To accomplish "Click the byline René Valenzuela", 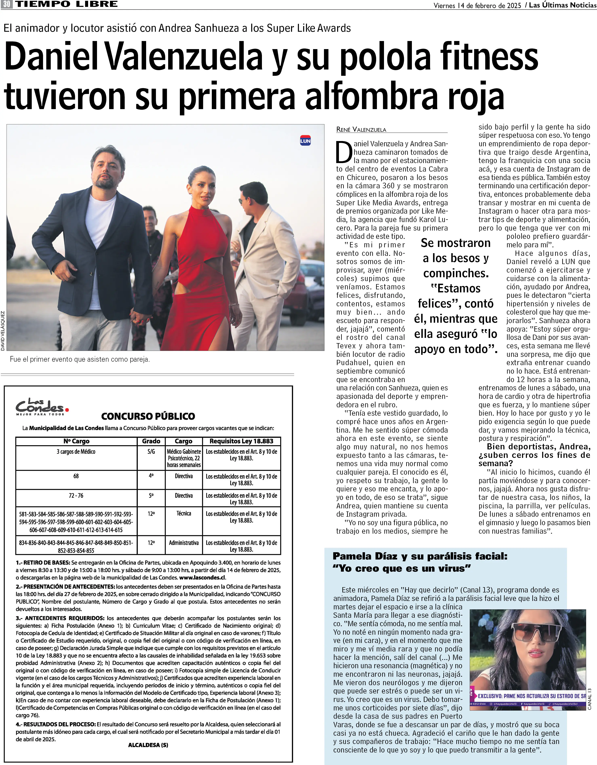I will click(361, 130).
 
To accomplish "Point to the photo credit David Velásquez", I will click(3, 330).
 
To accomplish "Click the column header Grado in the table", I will click(151, 441).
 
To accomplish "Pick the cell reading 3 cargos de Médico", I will click(76, 452).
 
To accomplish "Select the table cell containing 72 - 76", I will click(76, 496).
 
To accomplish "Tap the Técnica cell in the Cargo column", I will click(184, 513).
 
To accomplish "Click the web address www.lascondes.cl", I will click(202, 578).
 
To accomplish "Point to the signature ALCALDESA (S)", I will click(148, 745).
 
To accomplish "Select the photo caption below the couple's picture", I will click(80, 359).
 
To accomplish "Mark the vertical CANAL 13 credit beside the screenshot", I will click(589, 699).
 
